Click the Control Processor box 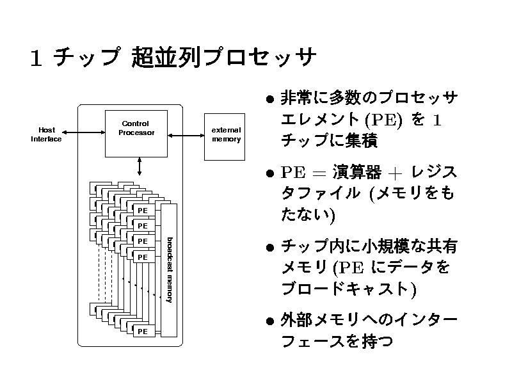(136, 133)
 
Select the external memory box (226, 134)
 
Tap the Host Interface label (46, 134)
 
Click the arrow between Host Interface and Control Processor (83, 132)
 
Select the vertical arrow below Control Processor (140, 166)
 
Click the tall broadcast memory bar (168, 270)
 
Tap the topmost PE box (143, 211)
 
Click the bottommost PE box (143, 332)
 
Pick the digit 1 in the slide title (36, 60)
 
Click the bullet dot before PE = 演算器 (271, 173)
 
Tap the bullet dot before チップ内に (271, 248)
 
